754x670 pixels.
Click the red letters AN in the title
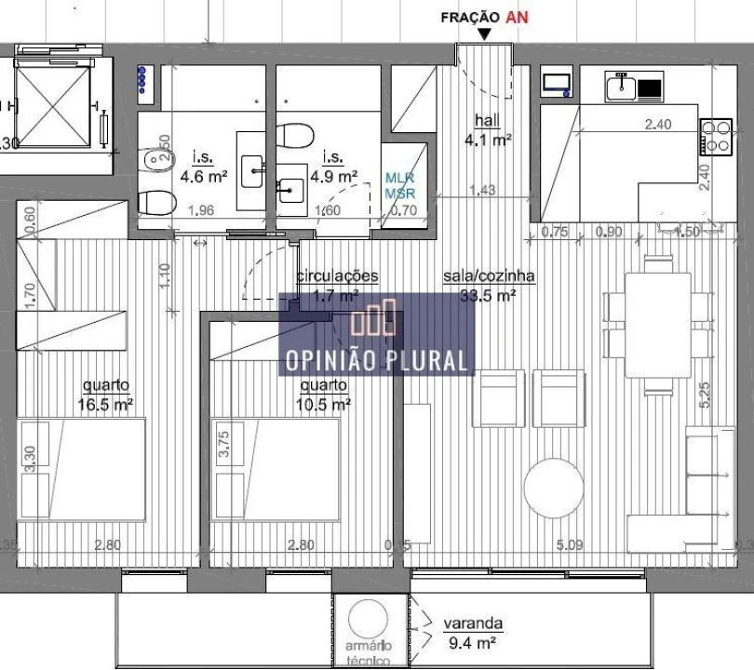tap(517, 17)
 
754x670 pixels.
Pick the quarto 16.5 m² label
tap(106, 395)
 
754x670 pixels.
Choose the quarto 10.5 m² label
tap(324, 395)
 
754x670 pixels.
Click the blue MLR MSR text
tap(400, 185)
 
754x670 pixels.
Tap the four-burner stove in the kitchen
tap(715, 137)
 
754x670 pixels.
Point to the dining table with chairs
tap(657, 323)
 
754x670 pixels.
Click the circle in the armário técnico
tap(370, 619)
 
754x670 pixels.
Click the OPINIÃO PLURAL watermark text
tap(377, 359)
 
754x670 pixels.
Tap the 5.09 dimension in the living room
tap(569, 545)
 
